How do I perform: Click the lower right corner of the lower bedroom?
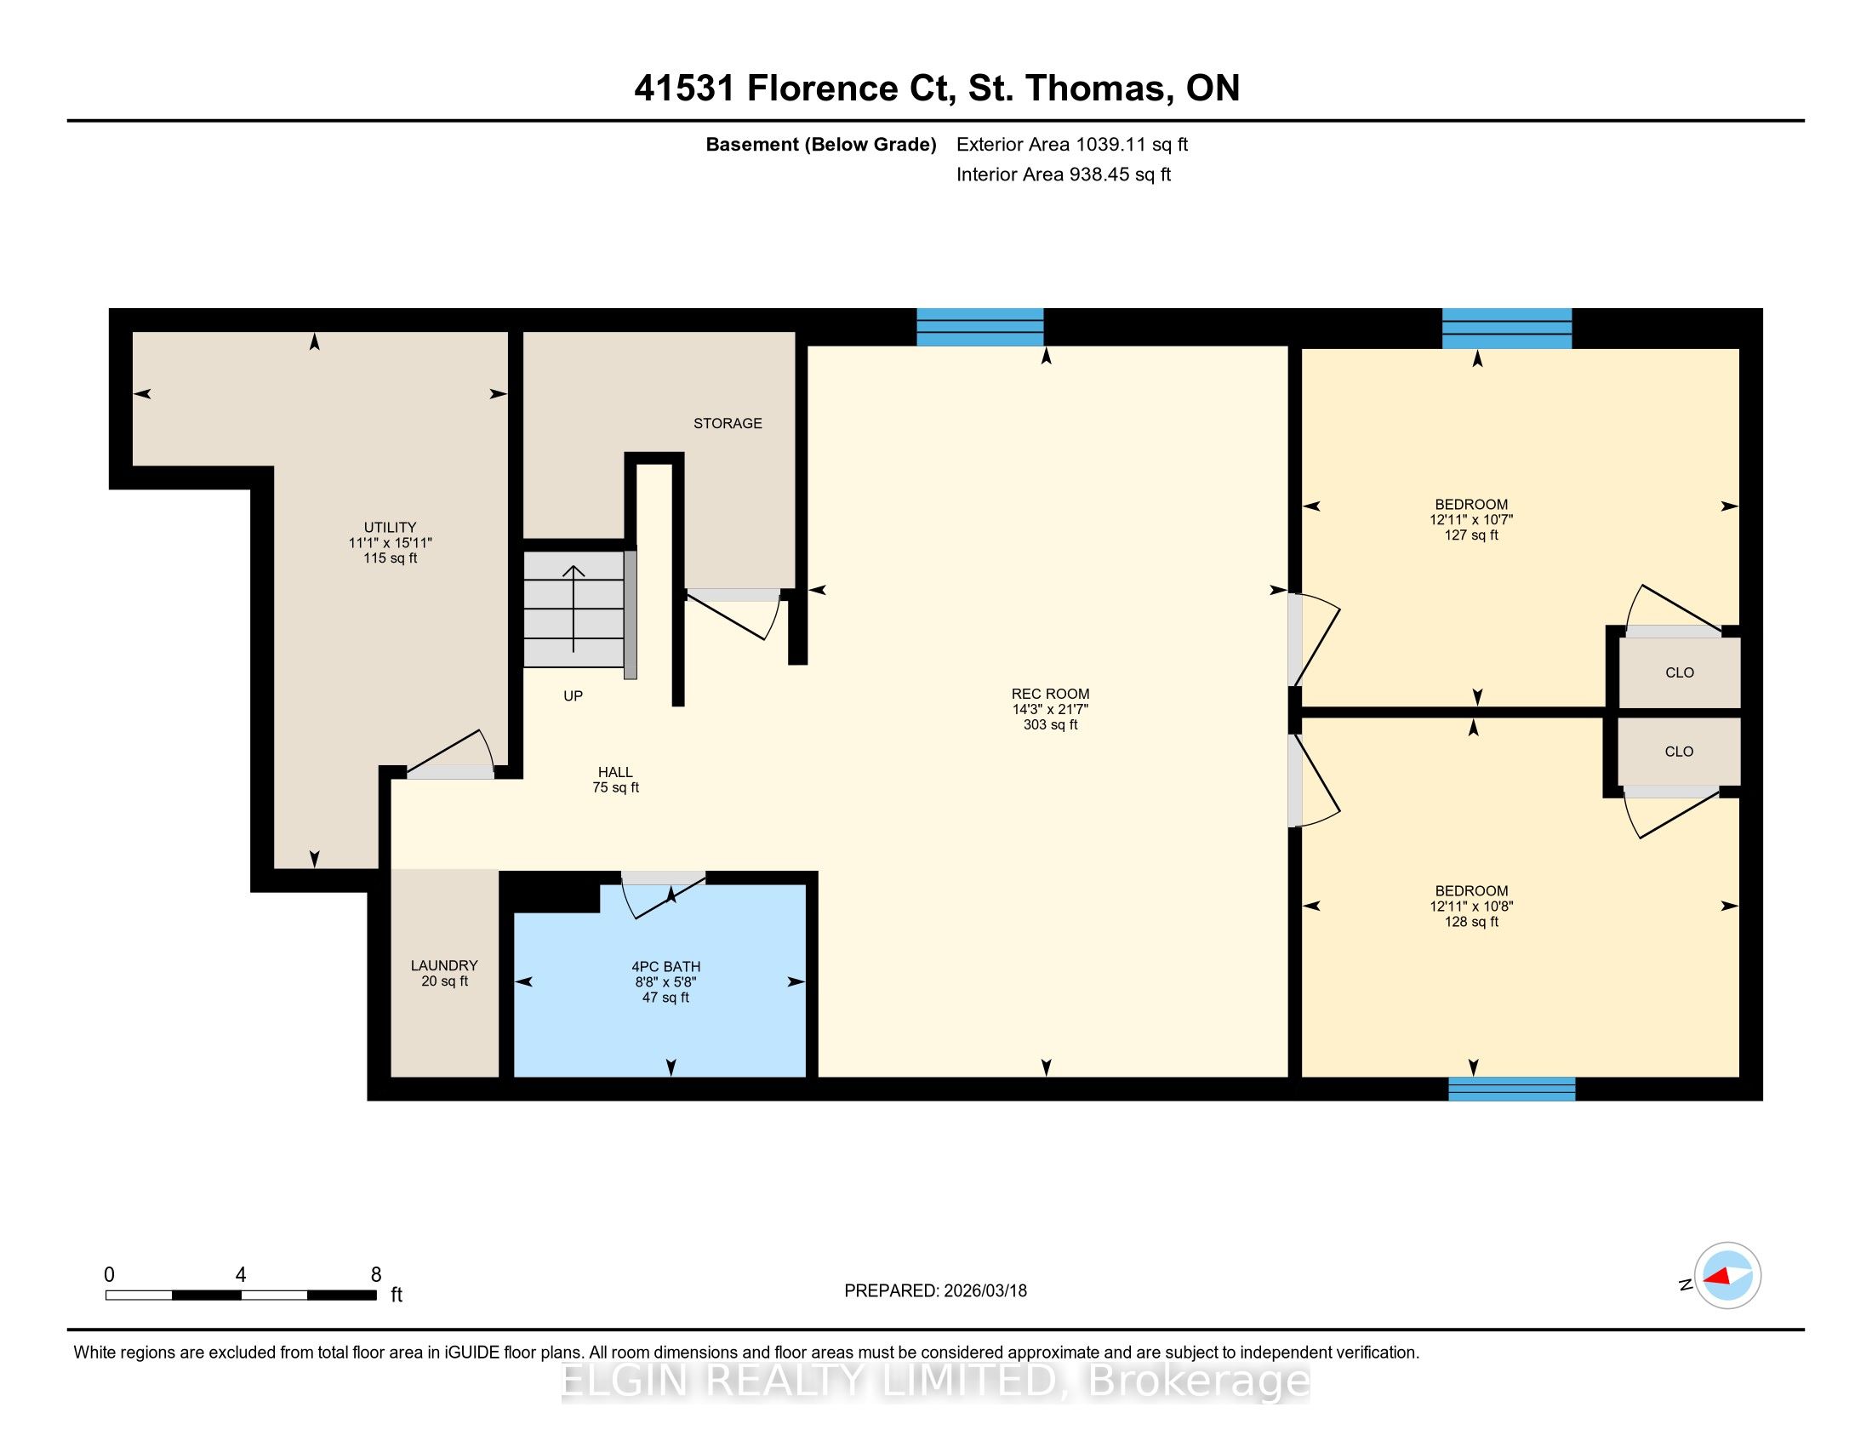(x=1739, y=1077)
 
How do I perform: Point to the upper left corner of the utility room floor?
(x=133, y=332)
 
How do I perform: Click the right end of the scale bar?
(x=376, y=1295)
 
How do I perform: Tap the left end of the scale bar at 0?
(x=106, y=1295)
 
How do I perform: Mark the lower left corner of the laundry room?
(x=391, y=1077)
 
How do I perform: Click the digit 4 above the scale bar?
(x=241, y=1275)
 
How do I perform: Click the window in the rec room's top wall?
(x=980, y=327)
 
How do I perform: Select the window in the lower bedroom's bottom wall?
(x=1512, y=1089)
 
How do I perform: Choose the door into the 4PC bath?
(x=664, y=893)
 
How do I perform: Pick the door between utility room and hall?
(x=451, y=756)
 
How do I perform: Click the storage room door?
(x=733, y=613)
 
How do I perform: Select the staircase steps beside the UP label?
(x=574, y=609)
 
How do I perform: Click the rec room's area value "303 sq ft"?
(x=1050, y=724)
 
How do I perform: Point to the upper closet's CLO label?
(x=1679, y=673)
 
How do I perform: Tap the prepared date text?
(x=935, y=1291)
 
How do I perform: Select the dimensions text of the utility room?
(x=390, y=543)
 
